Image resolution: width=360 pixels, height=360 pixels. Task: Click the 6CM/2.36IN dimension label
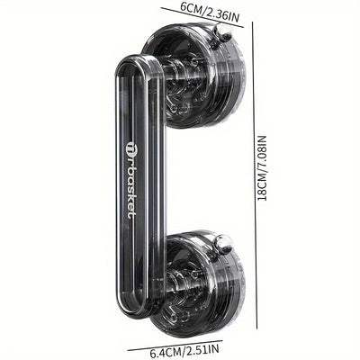coord(209,11)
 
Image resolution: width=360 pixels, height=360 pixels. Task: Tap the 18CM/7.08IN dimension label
coord(262,168)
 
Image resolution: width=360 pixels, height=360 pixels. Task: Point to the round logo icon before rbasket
coord(131,145)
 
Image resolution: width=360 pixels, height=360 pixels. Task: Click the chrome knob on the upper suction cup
coord(222,33)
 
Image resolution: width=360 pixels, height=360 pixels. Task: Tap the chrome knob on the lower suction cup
coord(223,243)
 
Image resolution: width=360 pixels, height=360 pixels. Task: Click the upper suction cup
coord(193,76)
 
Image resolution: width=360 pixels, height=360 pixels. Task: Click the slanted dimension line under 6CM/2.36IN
coord(203,17)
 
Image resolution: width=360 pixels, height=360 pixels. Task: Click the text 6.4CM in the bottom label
coord(166,351)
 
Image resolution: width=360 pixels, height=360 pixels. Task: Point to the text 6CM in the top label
coord(190,8)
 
